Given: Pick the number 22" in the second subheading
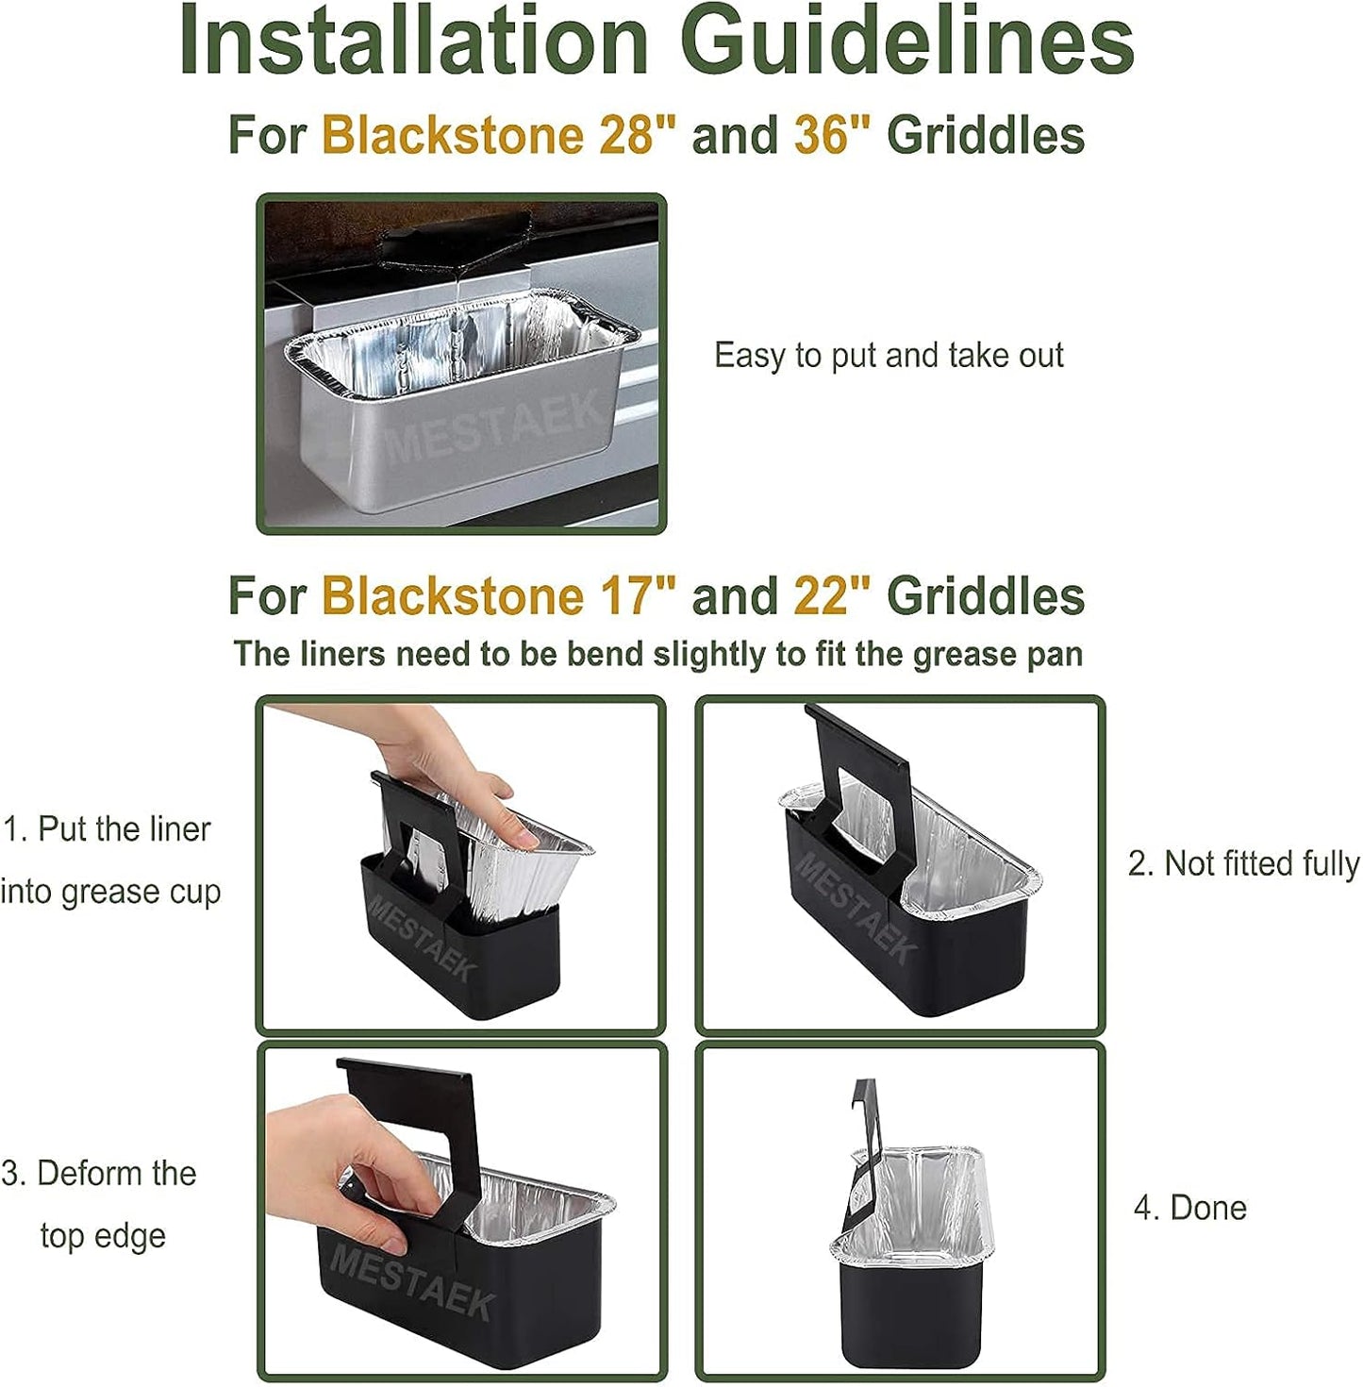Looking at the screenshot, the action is click(x=833, y=595).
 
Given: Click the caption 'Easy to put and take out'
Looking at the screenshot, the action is click(x=889, y=356).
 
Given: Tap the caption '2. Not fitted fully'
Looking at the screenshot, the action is click(x=1243, y=863).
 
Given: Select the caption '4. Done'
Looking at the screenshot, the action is click(x=1189, y=1207).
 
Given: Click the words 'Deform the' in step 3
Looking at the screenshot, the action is click(x=117, y=1173).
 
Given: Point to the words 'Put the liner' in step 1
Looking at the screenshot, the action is click(x=124, y=828).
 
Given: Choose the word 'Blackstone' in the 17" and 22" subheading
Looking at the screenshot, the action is click(x=453, y=595).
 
